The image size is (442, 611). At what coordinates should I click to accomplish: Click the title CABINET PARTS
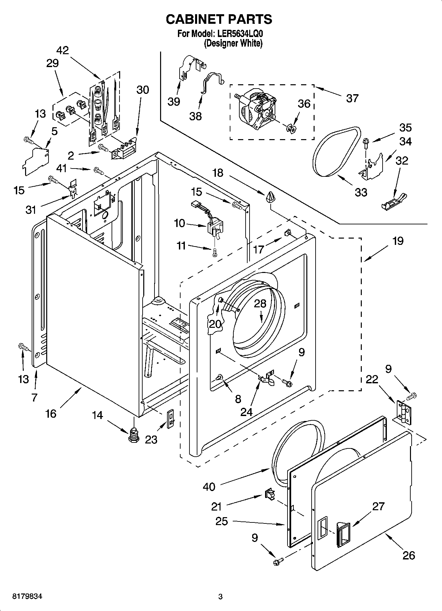219,19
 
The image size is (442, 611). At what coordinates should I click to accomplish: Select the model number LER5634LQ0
240,34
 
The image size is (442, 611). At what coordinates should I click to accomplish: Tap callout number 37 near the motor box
352,98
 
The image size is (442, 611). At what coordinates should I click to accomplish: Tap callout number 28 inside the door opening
260,304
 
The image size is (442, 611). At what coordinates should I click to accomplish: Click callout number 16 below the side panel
51,413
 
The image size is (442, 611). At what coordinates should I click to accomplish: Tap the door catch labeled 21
269,495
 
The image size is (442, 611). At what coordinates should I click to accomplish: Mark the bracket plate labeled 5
36,161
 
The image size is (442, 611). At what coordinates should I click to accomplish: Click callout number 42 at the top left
62,50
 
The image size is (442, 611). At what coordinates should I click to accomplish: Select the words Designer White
233,43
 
